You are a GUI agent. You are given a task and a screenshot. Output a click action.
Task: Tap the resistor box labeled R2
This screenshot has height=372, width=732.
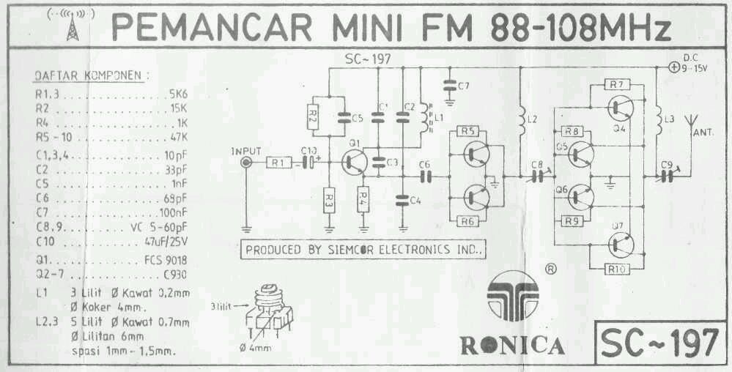[313, 116]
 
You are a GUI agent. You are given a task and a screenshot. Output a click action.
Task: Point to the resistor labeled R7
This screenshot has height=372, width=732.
[615, 84]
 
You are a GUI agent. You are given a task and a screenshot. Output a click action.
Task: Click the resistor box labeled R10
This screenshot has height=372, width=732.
[615, 269]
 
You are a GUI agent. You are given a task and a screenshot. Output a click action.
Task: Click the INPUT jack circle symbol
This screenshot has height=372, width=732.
[245, 163]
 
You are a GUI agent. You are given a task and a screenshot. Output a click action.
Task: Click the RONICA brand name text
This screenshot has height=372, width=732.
[511, 344]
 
